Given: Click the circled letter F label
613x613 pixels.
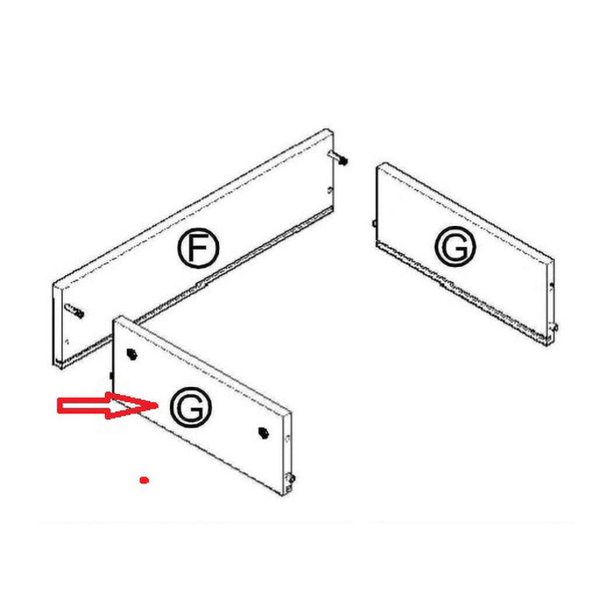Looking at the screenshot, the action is tap(198, 248).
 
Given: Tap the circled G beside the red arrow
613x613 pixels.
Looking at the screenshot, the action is tap(191, 407).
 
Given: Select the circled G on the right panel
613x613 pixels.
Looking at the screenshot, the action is tap(455, 246).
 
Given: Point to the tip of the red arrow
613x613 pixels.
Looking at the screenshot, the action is tap(158, 405).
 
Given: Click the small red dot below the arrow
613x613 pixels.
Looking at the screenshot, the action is tap(144, 480).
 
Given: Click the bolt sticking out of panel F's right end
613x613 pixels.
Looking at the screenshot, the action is tap(339, 158).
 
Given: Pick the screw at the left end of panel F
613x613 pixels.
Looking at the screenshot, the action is tap(74, 311).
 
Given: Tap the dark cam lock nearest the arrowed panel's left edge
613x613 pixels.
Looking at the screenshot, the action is tap(131, 354).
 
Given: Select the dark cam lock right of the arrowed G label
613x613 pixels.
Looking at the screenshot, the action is tap(263, 433).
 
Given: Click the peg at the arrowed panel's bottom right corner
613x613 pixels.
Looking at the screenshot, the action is tap(291, 478).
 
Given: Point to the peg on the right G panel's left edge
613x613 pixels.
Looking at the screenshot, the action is tap(374, 223).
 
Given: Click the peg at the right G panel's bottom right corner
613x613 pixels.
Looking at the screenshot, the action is tap(553, 327).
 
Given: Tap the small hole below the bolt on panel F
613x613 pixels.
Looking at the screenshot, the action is tap(329, 190).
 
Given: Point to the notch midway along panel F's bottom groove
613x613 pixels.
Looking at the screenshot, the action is tap(201, 284).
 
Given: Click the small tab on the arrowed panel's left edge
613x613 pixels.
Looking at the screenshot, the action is tap(111, 376).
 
